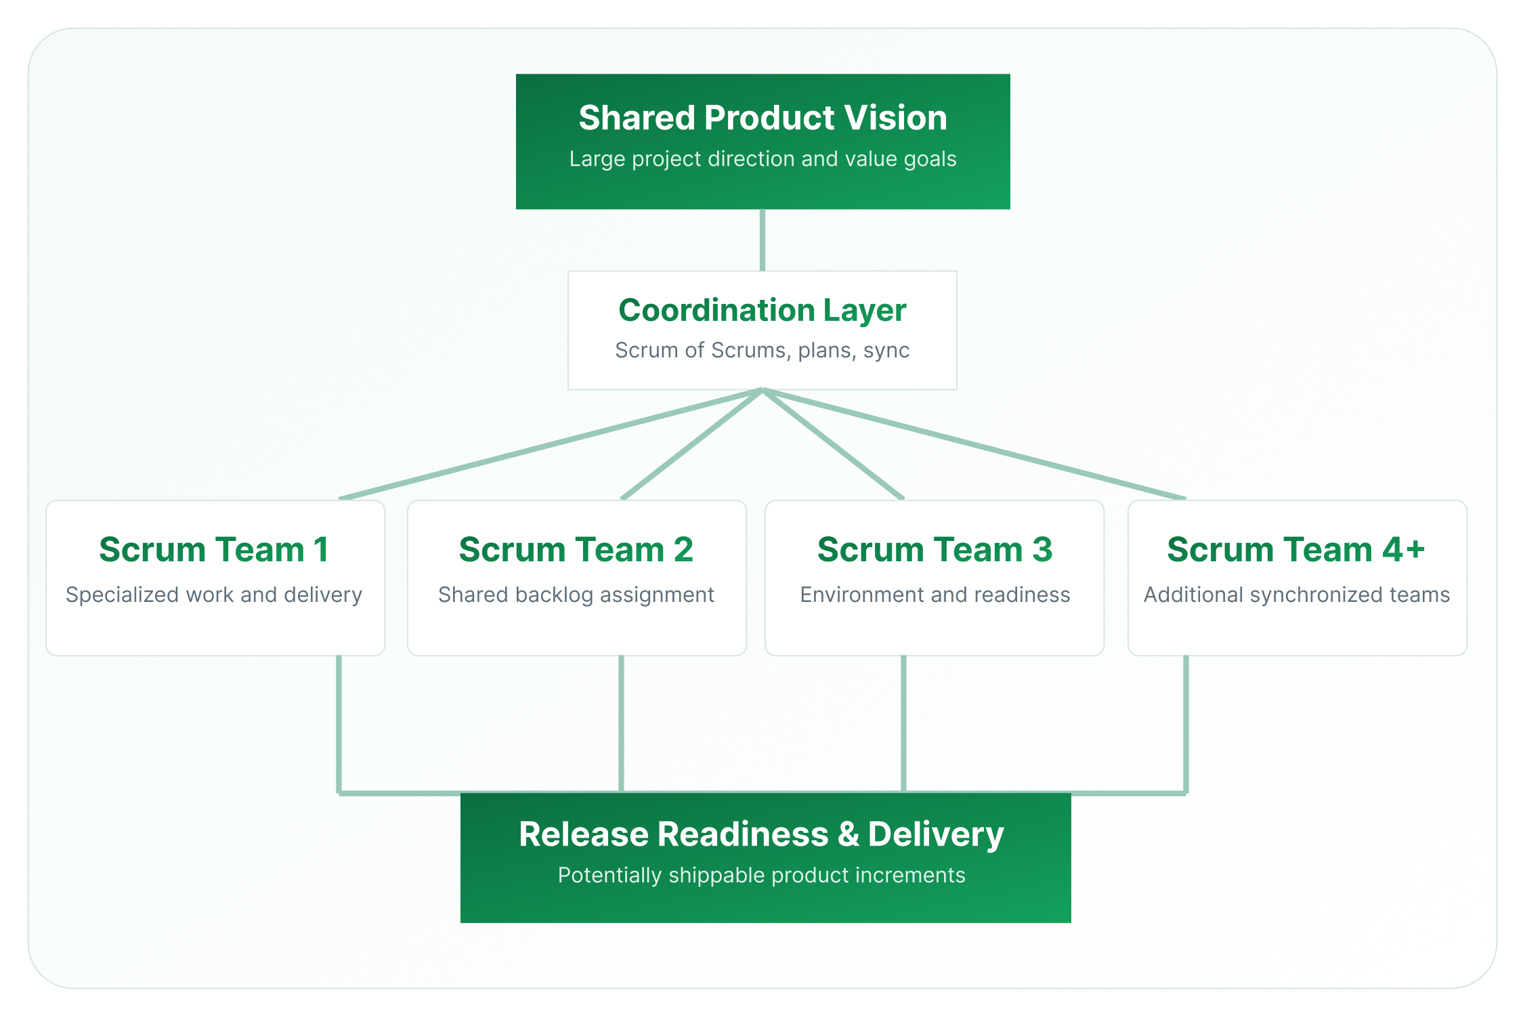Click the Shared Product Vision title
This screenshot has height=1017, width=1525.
tap(762, 118)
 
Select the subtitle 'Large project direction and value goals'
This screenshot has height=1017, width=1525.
tap(762, 159)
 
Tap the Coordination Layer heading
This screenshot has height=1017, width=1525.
tap(762, 310)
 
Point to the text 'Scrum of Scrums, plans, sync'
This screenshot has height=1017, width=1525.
tap(762, 351)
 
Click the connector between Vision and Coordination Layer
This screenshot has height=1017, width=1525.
tap(762, 240)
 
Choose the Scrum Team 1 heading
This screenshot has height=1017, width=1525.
tap(214, 549)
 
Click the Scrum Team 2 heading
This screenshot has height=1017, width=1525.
tap(576, 549)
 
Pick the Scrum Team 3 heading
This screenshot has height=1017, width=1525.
tap(935, 549)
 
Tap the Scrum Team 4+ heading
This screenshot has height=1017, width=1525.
tap(1296, 549)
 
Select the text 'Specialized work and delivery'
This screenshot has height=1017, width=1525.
tap(214, 594)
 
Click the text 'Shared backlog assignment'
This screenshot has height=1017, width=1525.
tap(576, 594)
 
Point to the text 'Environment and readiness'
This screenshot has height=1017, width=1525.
tap(935, 594)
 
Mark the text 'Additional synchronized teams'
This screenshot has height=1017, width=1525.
tap(1296, 594)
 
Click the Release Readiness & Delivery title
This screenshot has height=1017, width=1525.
tap(761, 834)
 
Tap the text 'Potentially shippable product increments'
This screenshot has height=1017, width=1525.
tap(761, 875)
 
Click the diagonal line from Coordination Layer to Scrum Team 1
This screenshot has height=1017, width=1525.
tap(550, 444)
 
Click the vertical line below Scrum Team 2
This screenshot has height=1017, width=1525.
tap(622, 723)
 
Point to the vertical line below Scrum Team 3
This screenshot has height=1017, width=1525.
tap(904, 723)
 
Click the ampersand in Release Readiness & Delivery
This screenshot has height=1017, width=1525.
tap(848, 834)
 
